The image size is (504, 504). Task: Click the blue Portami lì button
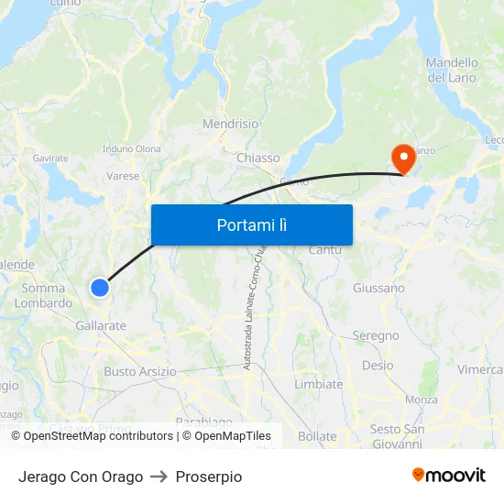pyautogui.click(x=251, y=225)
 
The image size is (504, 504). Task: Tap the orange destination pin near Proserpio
pyautogui.click(x=402, y=158)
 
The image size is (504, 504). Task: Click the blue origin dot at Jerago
pyautogui.click(x=100, y=288)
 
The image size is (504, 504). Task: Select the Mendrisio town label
pyautogui.click(x=231, y=124)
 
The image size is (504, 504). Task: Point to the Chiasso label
pyautogui.click(x=257, y=158)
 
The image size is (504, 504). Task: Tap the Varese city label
pyautogui.click(x=123, y=176)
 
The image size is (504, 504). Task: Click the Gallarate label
pyautogui.click(x=101, y=325)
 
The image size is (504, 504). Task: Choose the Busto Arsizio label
pyautogui.click(x=139, y=371)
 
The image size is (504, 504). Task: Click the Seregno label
pyautogui.click(x=376, y=336)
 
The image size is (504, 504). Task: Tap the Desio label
pyautogui.click(x=378, y=365)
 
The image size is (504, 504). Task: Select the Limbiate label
pyautogui.click(x=318, y=385)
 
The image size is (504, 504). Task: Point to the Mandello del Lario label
pyautogui.click(x=451, y=71)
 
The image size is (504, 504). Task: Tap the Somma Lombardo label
pyautogui.click(x=46, y=295)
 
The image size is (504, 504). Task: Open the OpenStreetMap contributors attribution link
pyautogui.click(x=98, y=436)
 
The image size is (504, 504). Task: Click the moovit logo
pyautogui.click(x=449, y=476)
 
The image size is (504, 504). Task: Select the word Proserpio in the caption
pyautogui.click(x=209, y=477)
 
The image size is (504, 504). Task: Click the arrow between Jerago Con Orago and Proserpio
pyautogui.click(x=159, y=477)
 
